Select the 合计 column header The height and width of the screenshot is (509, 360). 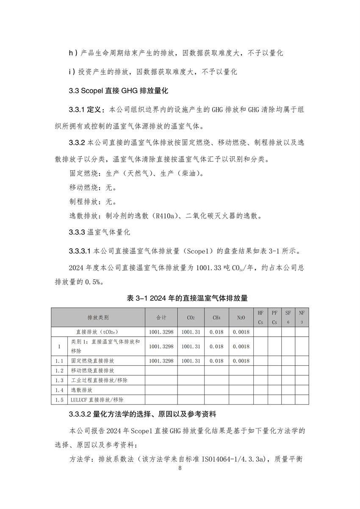coord(161,318)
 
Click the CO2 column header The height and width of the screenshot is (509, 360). coord(191,318)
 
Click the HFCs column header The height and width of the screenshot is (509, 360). coord(260,317)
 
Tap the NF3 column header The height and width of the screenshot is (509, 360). coord(302,317)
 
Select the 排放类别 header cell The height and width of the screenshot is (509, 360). coord(98,318)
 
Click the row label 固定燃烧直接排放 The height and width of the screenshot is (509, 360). coord(92,361)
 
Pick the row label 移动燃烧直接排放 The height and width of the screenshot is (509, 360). coord(92,371)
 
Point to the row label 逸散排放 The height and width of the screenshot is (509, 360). coord(81,390)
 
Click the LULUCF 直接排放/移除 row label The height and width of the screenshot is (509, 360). coord(97,399)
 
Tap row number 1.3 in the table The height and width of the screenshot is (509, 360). coord(59,380)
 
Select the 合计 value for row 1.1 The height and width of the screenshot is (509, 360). coord(161,361)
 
